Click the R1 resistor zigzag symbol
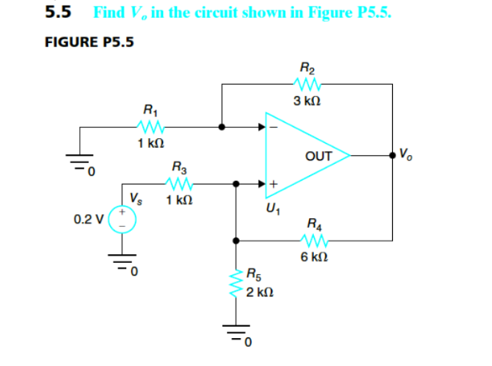click(x=149, y=125)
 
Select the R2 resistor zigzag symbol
click(x=307, y=84)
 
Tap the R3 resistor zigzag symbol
click(x=181, y=183)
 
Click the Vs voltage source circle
click(x=123, y=220)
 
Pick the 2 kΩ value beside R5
click(x=260, y=293)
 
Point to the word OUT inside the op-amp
click(x=318, y=156)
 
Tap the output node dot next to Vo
click(x=391, y=155)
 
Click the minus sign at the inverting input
click(x=273, y=125)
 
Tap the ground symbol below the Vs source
click(x=123, y=265)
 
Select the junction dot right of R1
click(x=221, y=125)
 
